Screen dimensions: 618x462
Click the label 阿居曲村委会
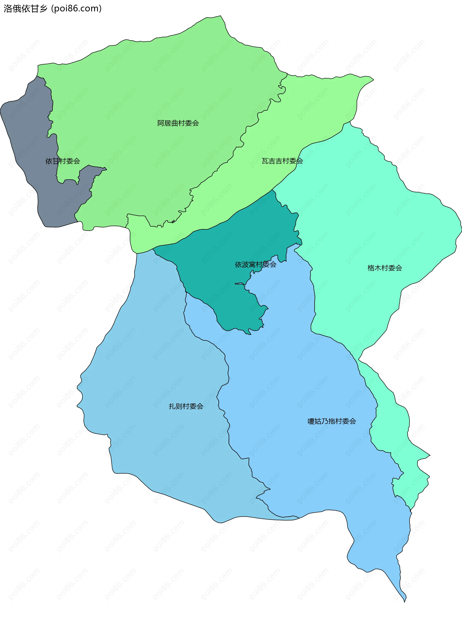point(178,123)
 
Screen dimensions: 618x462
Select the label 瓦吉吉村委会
point(282,161)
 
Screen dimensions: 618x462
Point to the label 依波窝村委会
point(256,265)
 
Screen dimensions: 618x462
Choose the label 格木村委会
point(385,268)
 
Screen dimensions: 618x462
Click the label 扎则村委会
point(186,406)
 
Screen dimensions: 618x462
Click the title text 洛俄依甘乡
point(26,9)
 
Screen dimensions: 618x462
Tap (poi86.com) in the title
point(76,9)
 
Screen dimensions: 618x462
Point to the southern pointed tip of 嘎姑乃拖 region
point(404,601)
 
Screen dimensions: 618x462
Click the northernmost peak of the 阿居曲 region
point(220,17)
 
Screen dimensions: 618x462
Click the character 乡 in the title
point(43,9)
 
